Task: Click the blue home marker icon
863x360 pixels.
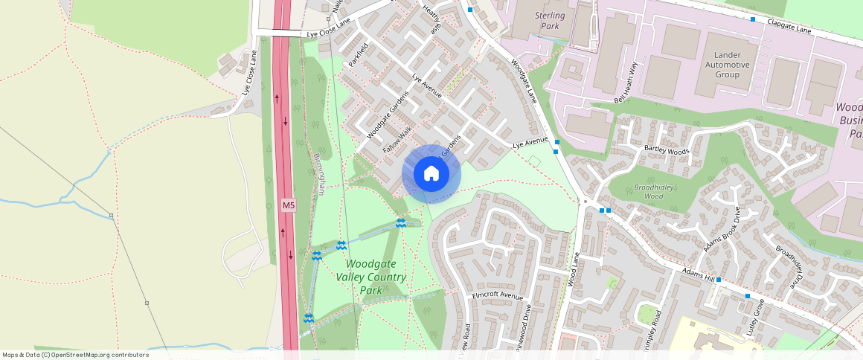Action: coord(431,174)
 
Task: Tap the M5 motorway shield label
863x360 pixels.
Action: coord(289,205)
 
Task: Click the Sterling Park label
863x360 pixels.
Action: coord(550,21)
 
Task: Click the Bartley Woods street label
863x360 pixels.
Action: coord(667,151)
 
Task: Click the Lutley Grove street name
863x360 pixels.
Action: coord(757,317)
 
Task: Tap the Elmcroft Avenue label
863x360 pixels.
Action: coord(498,295)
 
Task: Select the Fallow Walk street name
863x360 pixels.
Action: coord(397,140)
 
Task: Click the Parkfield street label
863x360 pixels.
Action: coord(359,54)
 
